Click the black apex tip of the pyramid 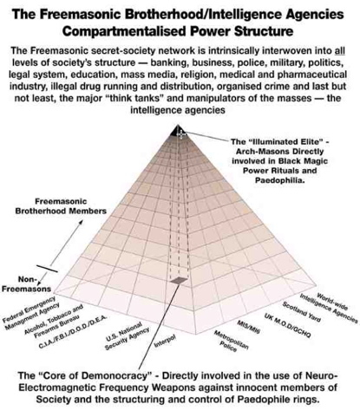tap(180, 130)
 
